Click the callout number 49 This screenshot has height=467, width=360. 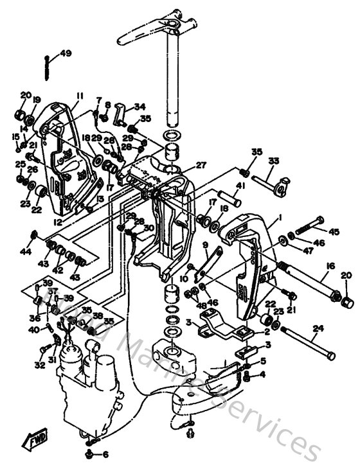pos(66,53)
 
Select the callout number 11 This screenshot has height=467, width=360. pos(78,96)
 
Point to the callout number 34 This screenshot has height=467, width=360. pos(139,107)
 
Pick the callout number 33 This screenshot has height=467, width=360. pos(273,160)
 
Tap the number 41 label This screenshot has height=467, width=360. pos(240,186)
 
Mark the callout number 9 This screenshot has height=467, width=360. pos(206,245)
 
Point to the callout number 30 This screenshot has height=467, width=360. pos(150,227)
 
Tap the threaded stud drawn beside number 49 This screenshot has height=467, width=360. pos(49,65)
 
